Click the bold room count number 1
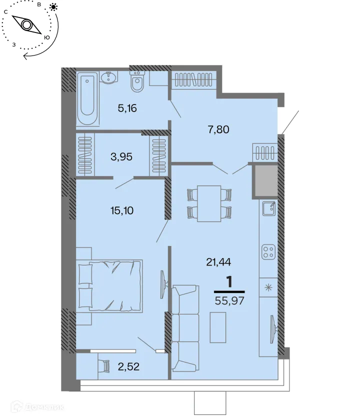pos(229,281)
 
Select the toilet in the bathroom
pos(137,82)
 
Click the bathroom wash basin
pos(107,77)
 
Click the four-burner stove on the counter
pos(268,251)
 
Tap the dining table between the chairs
pos(209,203)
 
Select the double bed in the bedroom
pos(112,285)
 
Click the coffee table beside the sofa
pos(217,327)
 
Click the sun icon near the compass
pos(53,7)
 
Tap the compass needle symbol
pos(26,24)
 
